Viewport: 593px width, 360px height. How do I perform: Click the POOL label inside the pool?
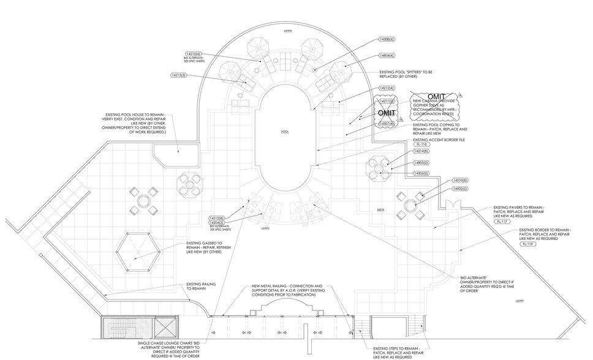(284, 132)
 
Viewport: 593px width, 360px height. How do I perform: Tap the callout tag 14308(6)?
(387, 39)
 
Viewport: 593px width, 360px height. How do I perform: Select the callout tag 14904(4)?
(387, 55)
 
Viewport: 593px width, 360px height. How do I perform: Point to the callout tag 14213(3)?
(178, 75)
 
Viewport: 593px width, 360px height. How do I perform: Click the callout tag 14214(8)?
(421, 151)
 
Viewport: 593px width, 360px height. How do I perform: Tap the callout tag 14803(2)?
(421, 162)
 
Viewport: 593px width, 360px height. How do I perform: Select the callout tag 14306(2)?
(421, 173)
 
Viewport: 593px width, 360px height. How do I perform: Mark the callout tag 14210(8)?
(460, 181)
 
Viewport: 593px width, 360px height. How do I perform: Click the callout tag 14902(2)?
(460, 189)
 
